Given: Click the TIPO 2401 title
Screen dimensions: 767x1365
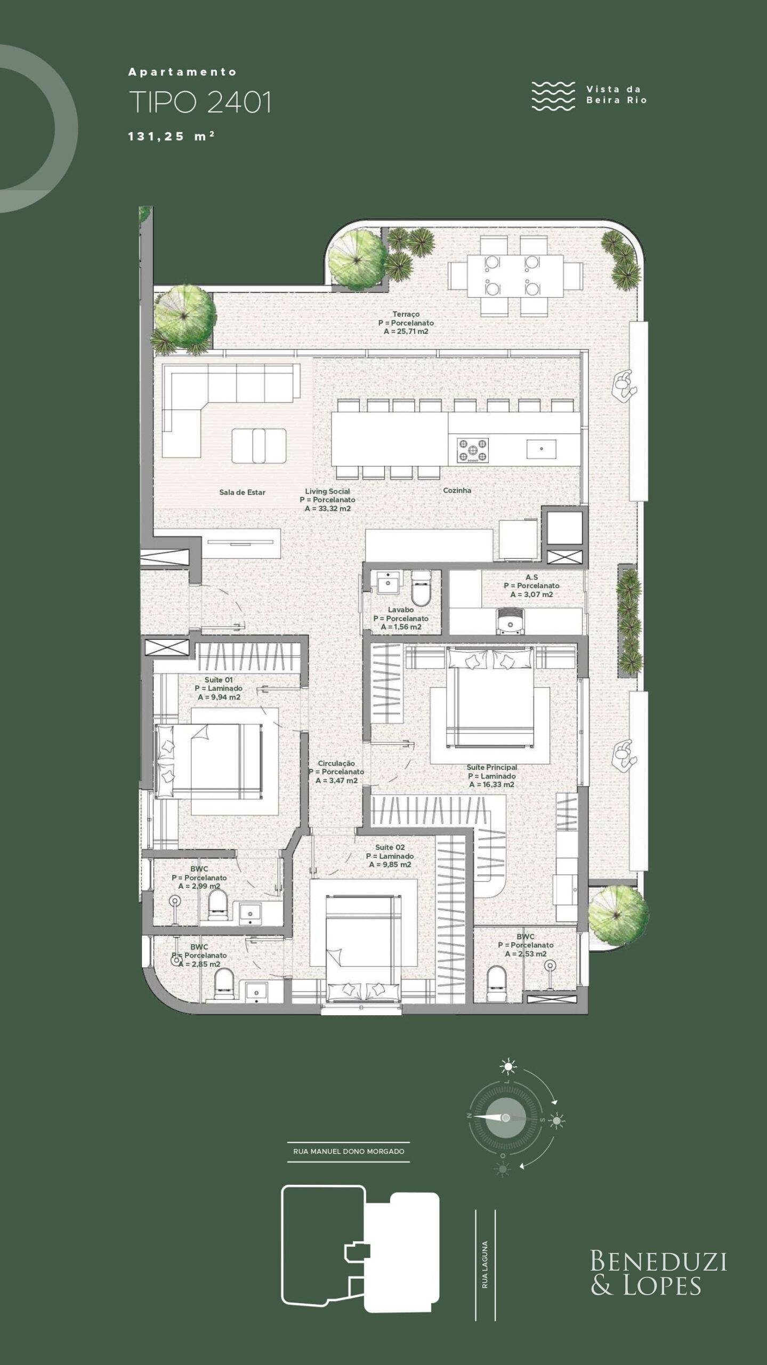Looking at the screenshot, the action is [200, 102].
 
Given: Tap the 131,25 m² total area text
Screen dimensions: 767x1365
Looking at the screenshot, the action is [171, 136].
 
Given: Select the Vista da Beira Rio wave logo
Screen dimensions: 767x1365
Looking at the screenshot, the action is [553, 96].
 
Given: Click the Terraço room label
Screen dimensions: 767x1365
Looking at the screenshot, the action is [406, 315].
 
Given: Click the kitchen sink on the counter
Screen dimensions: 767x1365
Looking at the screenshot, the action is [542, 449].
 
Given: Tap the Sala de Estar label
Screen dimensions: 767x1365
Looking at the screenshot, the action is [242, 492].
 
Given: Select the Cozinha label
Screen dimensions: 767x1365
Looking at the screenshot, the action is [457, 490].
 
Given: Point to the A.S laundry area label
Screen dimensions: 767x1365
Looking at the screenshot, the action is [531, 577].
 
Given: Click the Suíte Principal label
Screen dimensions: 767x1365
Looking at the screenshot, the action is [491, 767].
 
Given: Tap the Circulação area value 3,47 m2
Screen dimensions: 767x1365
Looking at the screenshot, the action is [336, 781].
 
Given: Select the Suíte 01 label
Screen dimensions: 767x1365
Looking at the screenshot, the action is [219, 680].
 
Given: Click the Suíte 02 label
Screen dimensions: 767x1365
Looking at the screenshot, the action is [390, 847].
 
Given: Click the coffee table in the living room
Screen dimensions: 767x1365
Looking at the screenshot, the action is [259, 446].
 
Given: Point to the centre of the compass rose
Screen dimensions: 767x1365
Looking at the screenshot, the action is [505, 1118].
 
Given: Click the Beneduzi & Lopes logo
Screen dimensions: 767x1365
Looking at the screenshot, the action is [658, 1273].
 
